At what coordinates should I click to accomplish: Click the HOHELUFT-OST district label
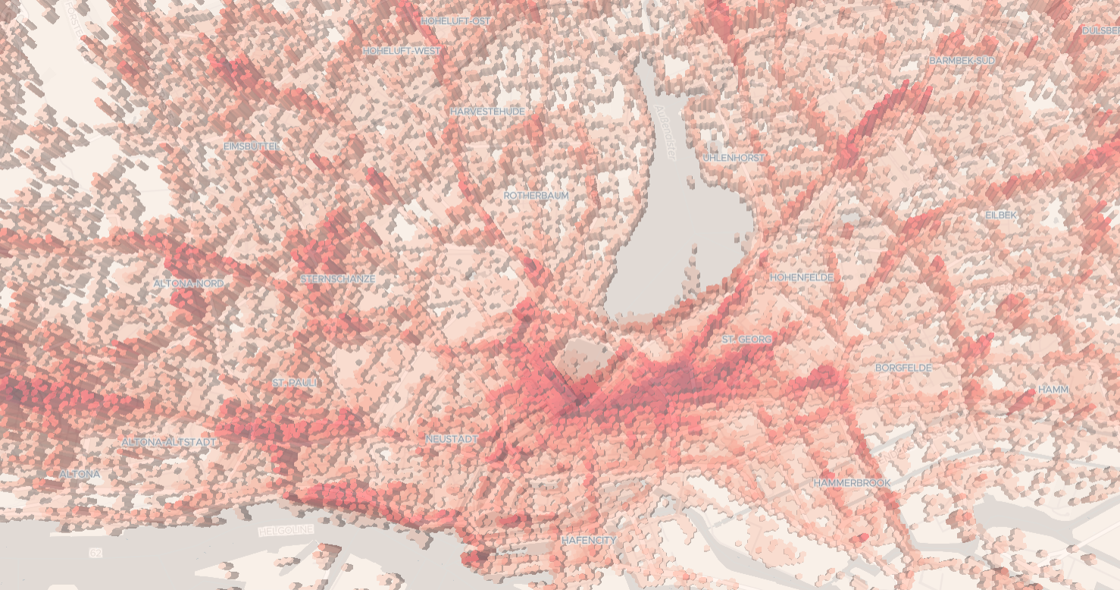(x=455, y=21)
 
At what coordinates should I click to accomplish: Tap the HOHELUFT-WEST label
(x=402, y=51)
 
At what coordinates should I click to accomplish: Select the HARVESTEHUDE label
(x=487, y=111)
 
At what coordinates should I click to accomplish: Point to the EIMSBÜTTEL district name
(x=252, y=146)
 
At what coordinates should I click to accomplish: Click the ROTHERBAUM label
(x=536, y=196)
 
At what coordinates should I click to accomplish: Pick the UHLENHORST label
(x=734, y=158)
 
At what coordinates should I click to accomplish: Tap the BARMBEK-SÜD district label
(x=962, y=60)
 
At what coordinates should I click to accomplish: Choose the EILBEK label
(x=1000, y=215)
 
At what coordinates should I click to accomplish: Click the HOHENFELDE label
(x=801, y=278)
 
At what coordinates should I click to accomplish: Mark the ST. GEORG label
(x=746, y=340)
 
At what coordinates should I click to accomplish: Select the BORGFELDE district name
(x=903, y=368)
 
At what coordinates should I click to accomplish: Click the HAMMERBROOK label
(x=852, y=482)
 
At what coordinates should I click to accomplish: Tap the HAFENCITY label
(x=589, y=540)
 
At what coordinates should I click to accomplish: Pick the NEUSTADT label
(x=451, y=439)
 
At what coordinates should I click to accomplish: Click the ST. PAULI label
(x=296, y=383)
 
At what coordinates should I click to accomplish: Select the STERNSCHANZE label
(x=337, y=279)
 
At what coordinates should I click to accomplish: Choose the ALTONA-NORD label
(x=189, y=284)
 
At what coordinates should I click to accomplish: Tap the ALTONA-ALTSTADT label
(x=169, y=441)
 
